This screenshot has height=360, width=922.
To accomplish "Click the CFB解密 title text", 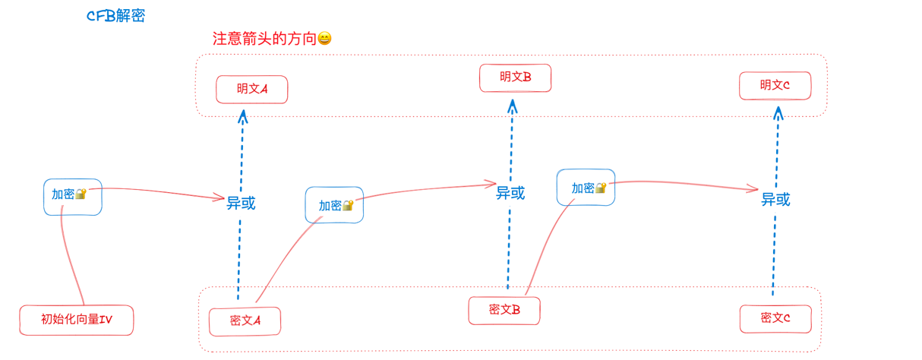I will (x=115, y=16).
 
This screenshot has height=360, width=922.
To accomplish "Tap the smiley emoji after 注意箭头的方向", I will (x=324, y=39).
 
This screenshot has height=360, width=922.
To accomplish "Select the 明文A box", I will (x=252, y=89).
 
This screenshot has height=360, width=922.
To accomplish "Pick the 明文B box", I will (x=515, y=77).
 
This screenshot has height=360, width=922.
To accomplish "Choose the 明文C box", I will (x=775, y=85).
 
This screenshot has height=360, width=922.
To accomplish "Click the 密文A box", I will (x=245, y=321).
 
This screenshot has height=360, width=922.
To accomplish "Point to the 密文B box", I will (x=504, y=310).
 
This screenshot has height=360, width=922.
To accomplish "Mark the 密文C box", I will (x=775, y=318).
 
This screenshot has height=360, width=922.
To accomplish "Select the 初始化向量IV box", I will (x=76, y=320).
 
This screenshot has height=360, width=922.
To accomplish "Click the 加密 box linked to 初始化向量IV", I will (x=71, y=196).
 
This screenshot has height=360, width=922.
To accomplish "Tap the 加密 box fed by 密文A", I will (x=334, y=205).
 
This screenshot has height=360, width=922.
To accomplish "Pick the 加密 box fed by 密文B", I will (x=586, y=188).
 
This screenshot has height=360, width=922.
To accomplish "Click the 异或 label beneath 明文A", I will (x=241, y=203).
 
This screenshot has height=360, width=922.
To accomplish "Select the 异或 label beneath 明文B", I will (x=510, y=193).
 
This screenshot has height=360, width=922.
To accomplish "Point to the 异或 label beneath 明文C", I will (x=775, y=200).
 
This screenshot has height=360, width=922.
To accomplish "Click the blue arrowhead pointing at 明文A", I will (x=243, y=115).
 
